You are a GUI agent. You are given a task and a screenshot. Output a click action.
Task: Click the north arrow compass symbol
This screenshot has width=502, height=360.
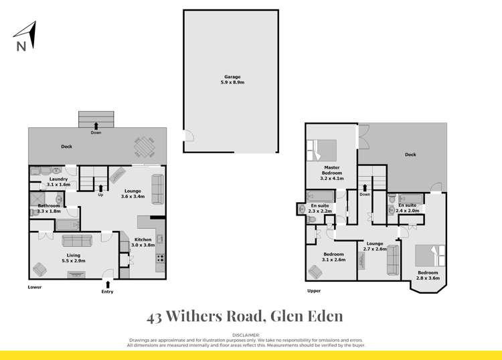point(25,35)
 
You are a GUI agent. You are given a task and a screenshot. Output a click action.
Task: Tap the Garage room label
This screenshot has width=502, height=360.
point(232,77)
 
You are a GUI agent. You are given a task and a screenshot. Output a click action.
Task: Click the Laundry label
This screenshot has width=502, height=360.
point(58,179)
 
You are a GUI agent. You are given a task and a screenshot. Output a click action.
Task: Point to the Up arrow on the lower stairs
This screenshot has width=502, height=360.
point(100,188)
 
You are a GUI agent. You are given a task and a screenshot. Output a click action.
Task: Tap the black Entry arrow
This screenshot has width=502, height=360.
point(107,284)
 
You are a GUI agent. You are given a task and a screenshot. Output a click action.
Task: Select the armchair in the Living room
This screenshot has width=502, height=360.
point(41,269)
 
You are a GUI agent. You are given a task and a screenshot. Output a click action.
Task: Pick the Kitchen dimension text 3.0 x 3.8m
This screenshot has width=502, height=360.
point(142,246)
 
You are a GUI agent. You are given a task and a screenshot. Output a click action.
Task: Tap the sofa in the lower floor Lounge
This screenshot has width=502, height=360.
point(157,189)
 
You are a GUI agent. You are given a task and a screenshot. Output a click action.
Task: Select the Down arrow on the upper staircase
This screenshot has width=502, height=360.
point(365,187)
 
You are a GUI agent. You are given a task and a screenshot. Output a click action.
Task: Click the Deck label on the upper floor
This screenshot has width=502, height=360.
point(410,155)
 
